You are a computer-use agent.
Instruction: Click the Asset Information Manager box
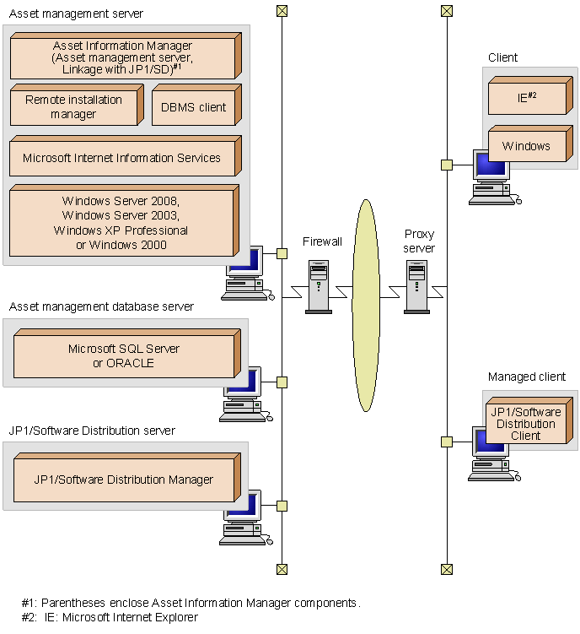[123, 57]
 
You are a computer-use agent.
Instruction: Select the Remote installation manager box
[73, 106]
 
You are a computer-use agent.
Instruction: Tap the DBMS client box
[194, 106]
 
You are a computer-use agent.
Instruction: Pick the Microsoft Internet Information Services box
[122, 158]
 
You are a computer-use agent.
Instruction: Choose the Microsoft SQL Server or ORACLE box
[124, 355]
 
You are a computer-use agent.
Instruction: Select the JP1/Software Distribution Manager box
[124, 480]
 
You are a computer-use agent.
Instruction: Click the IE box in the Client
[528, 98]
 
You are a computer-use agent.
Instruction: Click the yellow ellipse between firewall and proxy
[367, 304]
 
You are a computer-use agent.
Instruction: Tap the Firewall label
[323, 241]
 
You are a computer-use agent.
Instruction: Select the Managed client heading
[527, 377]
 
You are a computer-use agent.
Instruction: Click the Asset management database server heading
[101, 306]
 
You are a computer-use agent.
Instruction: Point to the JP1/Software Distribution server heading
[92, 431]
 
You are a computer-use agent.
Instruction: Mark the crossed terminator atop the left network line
[282, 11]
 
